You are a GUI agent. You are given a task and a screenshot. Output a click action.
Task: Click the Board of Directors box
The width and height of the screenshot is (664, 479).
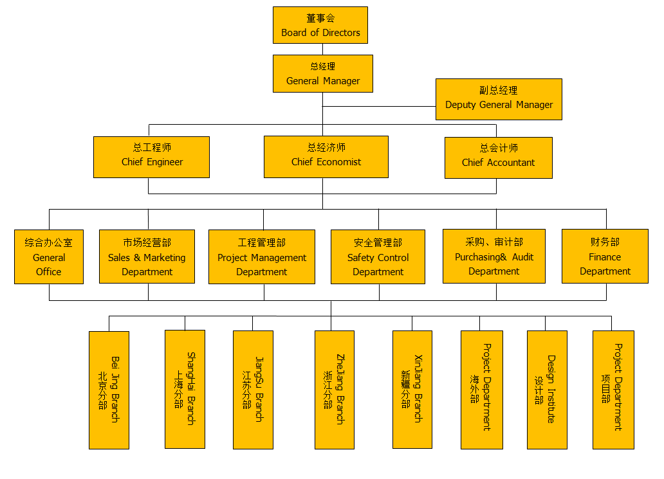pyautogui.click(x=320, y=25)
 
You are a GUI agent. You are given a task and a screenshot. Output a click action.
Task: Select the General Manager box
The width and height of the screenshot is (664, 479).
pyautogui.click(x=323, y=73)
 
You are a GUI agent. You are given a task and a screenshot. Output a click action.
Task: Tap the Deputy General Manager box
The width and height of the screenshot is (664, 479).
pyautogui.click(x=499, y=99)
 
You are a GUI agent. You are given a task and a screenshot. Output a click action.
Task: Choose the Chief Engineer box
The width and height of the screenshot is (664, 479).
pyautogui.click(x=151, y=157)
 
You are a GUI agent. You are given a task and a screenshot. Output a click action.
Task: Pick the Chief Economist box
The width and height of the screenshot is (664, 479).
pyautogui.click(x=326, y=156)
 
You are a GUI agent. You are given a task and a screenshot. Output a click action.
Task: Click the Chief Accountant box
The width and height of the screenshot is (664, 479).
pyautogui.click(x=498, y=158)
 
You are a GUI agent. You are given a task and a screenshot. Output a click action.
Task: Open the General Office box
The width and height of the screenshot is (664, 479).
pyautogui.click(x=49, y=257)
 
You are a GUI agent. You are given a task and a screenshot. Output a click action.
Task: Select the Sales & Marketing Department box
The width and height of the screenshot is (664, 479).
pyautogui.click(x=147, y=257)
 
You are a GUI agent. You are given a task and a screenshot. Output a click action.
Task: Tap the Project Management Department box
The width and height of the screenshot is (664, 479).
pyautogui.click(x=262, y=257)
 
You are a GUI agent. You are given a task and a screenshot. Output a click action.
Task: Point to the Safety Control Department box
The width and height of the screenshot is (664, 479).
pyautogui.click(x=378, y=257)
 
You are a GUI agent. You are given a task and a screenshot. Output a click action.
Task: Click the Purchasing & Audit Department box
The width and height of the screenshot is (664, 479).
pyautogui.click(x=494, y=256)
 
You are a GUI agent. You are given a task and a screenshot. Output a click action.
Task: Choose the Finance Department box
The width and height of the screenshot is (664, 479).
pyautogui.click(x=605, y=256)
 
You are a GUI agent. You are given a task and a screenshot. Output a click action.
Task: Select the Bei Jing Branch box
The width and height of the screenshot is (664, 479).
pyautogui.click(x=109, y=390)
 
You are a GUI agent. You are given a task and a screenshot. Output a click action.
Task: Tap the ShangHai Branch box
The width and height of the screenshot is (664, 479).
pyautogui.click(x=185, y=389)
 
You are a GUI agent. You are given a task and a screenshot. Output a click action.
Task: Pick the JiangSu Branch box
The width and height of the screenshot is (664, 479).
pyautogui.click(x=253, y=390)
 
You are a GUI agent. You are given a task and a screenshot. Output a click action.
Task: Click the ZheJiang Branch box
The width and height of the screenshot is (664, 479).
pyautogui.click(x=334, y=390)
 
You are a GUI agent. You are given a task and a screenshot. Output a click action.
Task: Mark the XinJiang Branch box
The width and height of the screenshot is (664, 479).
pyautogui.click(x=412, y=390)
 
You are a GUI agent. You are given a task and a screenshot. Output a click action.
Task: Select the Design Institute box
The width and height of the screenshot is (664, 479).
pyautogui.click(x=547, y=390)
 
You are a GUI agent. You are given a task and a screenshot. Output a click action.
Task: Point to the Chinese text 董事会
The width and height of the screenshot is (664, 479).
pyautogui.click(x=320, y=18)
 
